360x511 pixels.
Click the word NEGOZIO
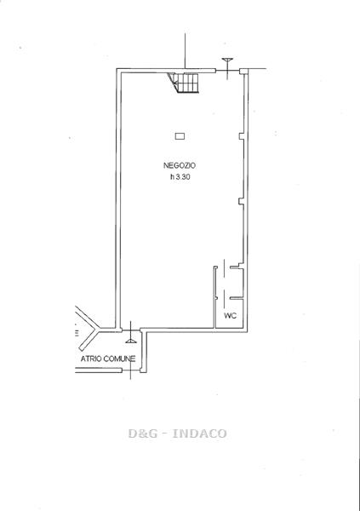click(180, 165)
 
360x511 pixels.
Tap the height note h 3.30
click(180, 177)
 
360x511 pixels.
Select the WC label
click(230, 316)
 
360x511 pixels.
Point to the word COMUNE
click(119, 359)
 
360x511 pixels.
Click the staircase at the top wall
click(183, 83)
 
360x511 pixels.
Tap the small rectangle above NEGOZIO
click(180, 136)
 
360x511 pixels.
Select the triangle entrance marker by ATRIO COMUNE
click(130, 341)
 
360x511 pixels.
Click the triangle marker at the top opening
click(227, 60)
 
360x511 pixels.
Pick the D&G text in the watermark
click(143, 433)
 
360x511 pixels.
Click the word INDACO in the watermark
click(199, 433)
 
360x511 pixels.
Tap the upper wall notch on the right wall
click(242, 136)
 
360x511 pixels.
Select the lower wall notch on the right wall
click(242, 201)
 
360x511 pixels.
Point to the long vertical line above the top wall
click(185, 51)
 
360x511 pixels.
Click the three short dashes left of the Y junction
click(77, 333)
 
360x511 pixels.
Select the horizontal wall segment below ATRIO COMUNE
click(99, 370)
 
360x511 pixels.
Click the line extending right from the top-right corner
click(257, 69)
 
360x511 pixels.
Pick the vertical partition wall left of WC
click(215, 297)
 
